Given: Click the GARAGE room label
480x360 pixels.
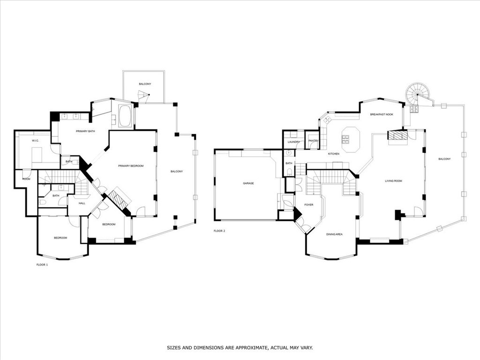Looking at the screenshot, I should tap(248, 183).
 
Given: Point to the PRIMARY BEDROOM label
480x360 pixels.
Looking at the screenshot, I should tap(131, 166).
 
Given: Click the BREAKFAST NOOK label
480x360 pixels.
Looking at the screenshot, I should tap(381, 114).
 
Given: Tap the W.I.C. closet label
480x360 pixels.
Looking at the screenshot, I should tap(35, 141).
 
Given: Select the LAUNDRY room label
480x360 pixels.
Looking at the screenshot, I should tap(294, 142).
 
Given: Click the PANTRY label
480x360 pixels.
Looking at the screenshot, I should tap(314, 141).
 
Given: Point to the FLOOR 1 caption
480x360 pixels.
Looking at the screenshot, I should tap(42, 265).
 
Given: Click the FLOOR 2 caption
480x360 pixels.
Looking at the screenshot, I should tap(219, 231).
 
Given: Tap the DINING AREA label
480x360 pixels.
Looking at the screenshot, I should tap(334, 234).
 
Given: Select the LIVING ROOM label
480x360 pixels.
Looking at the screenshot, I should tap(393, 180).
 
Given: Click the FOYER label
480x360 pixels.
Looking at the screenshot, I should tap(308, 205).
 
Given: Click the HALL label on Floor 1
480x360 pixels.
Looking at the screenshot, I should tap(82, 203).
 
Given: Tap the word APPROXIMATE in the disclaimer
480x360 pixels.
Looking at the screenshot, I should tap(253, 348).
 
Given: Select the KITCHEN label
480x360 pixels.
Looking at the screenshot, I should tap(333, 154).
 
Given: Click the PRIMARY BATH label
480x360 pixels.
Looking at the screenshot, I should tap(85, 131).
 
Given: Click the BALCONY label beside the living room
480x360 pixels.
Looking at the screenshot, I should tap(444, 159).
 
